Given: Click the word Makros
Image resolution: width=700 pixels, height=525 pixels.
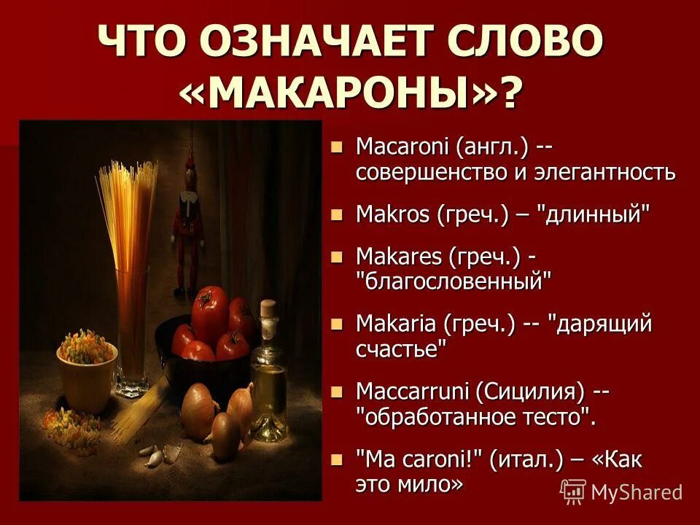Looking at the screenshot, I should pos(393,214).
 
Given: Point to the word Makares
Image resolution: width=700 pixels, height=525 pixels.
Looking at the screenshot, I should pos(399,256).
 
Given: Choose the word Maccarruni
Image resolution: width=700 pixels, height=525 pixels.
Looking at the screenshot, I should pos(413,392).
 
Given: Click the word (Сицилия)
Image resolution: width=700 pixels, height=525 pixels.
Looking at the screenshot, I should pos(530,392).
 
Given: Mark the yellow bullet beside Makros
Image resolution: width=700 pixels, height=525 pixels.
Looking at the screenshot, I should pos(336,214).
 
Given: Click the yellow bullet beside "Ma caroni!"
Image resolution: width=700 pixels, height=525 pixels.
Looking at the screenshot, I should pos(336,460).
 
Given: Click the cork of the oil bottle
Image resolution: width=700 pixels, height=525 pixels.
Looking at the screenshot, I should pos(269,308).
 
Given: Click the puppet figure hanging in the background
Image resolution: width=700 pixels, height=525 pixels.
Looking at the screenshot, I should pos(185,219).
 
